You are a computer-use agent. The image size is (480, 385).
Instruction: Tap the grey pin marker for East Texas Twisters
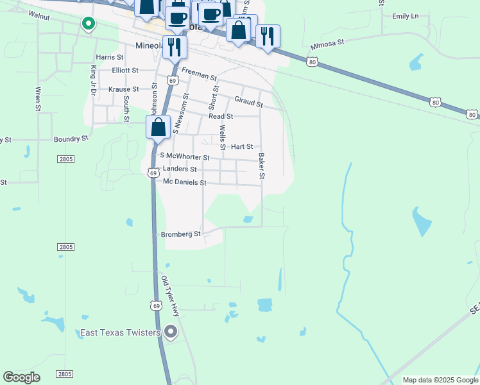coord(171,332)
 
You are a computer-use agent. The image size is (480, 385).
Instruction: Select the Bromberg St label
coord(181,234)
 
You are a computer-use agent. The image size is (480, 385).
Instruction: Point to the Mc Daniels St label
coord(184,183)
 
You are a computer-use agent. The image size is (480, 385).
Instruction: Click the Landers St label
coord(180,169)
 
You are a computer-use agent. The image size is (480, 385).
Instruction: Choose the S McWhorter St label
coord(185,157)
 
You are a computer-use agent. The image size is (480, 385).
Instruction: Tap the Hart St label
coord(242,147)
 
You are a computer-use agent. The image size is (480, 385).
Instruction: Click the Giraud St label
coord(249,101)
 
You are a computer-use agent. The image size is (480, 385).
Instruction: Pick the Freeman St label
coord(199,74)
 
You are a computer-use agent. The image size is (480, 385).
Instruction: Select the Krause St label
coord(124,89)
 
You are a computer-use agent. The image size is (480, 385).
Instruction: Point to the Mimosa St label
coord(327,45)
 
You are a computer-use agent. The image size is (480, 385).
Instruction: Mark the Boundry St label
coord(71,139)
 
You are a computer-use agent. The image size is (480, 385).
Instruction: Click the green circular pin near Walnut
coord(88,24)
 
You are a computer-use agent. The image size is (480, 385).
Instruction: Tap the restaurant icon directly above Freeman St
coord(174,46)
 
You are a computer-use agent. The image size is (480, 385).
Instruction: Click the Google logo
coord(21,377)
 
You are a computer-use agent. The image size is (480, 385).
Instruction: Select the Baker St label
coord(262,166)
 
